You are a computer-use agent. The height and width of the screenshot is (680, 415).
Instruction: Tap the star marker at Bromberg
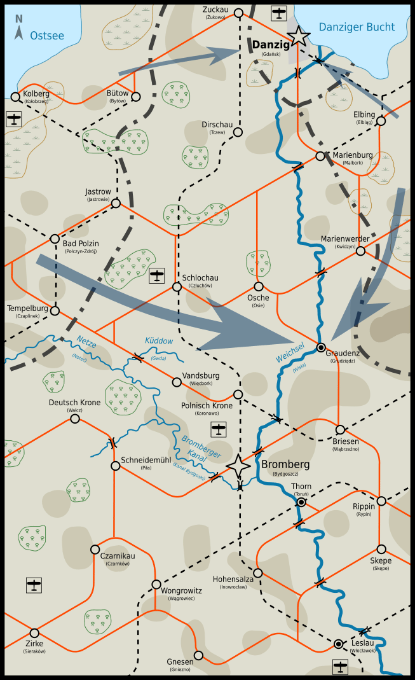pyautogui.click(x=238, y=466)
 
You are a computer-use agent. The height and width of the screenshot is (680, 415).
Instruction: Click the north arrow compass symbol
pyautogui.click(x=19, y=29)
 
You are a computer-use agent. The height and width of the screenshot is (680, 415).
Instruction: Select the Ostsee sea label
pyautogui.click(x=47, y=36)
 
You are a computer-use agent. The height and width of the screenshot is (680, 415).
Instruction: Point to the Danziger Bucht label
pyautogui.click(x=357, y=27)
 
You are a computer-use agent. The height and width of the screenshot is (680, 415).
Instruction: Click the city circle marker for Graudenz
pyautogui.click(x=322, y=347)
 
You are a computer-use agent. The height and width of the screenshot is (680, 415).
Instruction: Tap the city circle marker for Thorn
pyautogui.click(x=301, y=502)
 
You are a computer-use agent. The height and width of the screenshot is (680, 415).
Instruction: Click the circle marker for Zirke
pyautogui.click(x=34, y=633)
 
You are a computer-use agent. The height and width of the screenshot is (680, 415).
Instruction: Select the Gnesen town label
pyautogui.click(x=180, y=662)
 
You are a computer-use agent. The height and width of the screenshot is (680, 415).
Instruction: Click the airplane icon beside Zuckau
pyautogui.click(x=278, y=13)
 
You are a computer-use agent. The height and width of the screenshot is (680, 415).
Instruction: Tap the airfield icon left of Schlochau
pyautogui.click(x=157, y=276)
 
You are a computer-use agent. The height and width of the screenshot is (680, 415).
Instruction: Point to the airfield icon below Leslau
pyautogui.click(x=341, y=667)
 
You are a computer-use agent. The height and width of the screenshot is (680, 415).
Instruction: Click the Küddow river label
pyautogui.click(x=159, y=342)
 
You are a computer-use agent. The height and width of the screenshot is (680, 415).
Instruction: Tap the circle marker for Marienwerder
pyautogui.click(x=360, y=251)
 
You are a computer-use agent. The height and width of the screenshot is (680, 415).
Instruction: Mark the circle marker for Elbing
pyautogui.click(x=381, y=121)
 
